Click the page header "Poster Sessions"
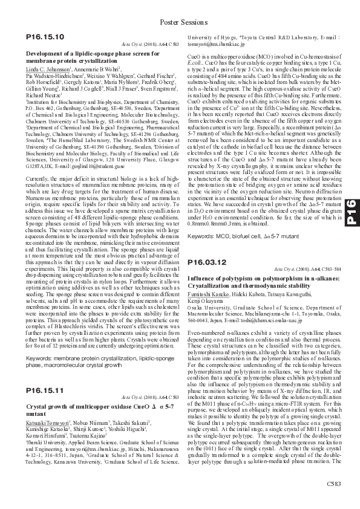pyautogui.click(x=180, y=22)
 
